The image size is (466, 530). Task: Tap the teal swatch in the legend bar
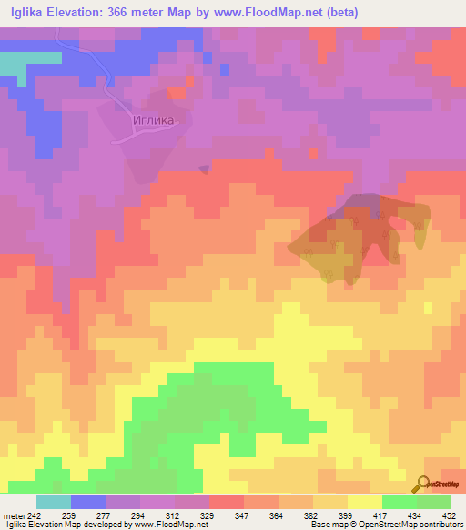coord(53,502)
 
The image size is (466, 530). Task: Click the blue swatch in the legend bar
coord(87,502)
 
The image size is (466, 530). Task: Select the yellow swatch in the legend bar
coord(364,502)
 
